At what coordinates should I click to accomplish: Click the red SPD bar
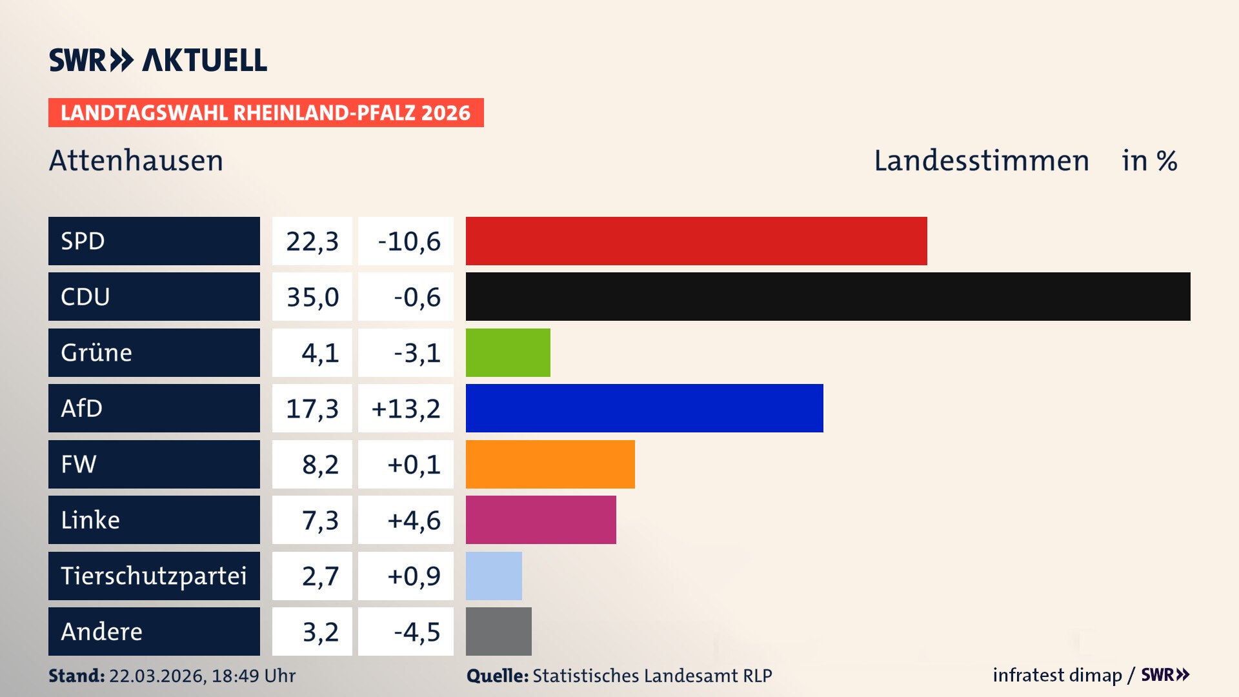[696, 241]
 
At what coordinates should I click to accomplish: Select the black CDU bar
[827, 296]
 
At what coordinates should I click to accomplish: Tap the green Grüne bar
[508, 352]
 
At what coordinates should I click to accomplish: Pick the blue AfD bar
[644, 408]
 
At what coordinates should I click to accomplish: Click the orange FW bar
[550, 464]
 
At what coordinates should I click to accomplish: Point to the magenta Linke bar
[541, 520]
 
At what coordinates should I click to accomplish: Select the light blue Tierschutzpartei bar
[494, 576]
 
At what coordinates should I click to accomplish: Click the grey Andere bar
[498, 631]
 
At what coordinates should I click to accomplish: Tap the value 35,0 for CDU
[312, 297]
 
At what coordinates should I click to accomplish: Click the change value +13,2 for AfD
[406, 409]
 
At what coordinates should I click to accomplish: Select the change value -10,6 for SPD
[409, 241]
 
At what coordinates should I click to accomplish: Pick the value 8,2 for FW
[320, 465]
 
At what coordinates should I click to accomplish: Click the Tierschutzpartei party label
[154, 576]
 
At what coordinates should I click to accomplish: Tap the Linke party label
[90, 520]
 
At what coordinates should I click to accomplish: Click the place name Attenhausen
[136, 161]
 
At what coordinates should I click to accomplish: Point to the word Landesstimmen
[981, 161]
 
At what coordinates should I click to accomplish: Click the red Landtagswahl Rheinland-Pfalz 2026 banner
[265, 113]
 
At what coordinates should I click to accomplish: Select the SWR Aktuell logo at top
[158, 60]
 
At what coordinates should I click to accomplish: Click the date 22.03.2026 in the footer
[157, 676]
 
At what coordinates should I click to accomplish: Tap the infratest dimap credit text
[1056, 675]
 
